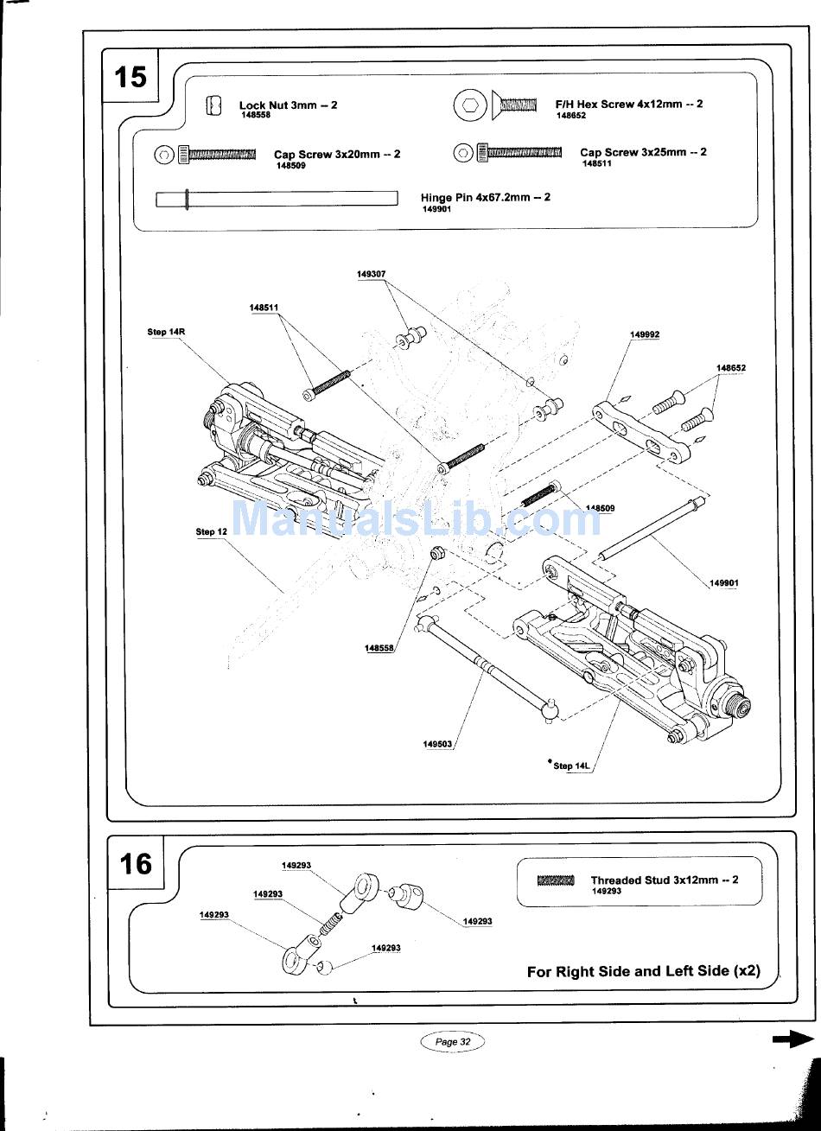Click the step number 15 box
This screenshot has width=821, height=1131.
point(130,76)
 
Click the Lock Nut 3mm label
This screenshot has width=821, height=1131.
point(289,105)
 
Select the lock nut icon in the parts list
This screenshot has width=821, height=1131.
point(214,105)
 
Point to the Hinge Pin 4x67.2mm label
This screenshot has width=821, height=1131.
point(485,197)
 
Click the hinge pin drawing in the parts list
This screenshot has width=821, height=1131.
point(277,199)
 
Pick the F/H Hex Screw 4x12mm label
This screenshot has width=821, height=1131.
point(629,105)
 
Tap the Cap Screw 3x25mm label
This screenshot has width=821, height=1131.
point(643,152)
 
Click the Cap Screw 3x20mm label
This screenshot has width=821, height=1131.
point(337,155)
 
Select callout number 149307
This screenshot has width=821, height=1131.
point(371,274)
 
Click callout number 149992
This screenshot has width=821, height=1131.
point(645,334)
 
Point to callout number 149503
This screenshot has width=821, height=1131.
point(437,744)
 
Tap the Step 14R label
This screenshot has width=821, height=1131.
point(166,332)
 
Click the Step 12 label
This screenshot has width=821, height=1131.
point(211,531)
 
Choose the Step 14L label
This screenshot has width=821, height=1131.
point(571,766)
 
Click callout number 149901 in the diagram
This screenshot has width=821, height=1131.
point(724,583)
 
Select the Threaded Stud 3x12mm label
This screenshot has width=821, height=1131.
point(665,880)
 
